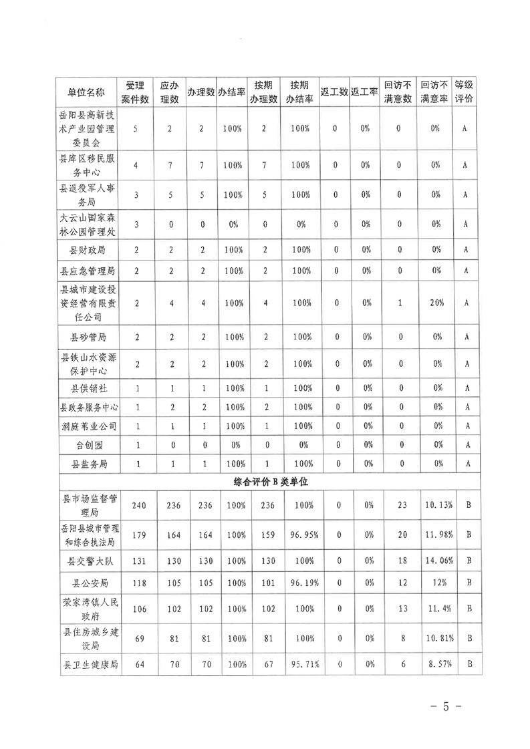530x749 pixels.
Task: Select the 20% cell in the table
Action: tap(437, 303)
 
